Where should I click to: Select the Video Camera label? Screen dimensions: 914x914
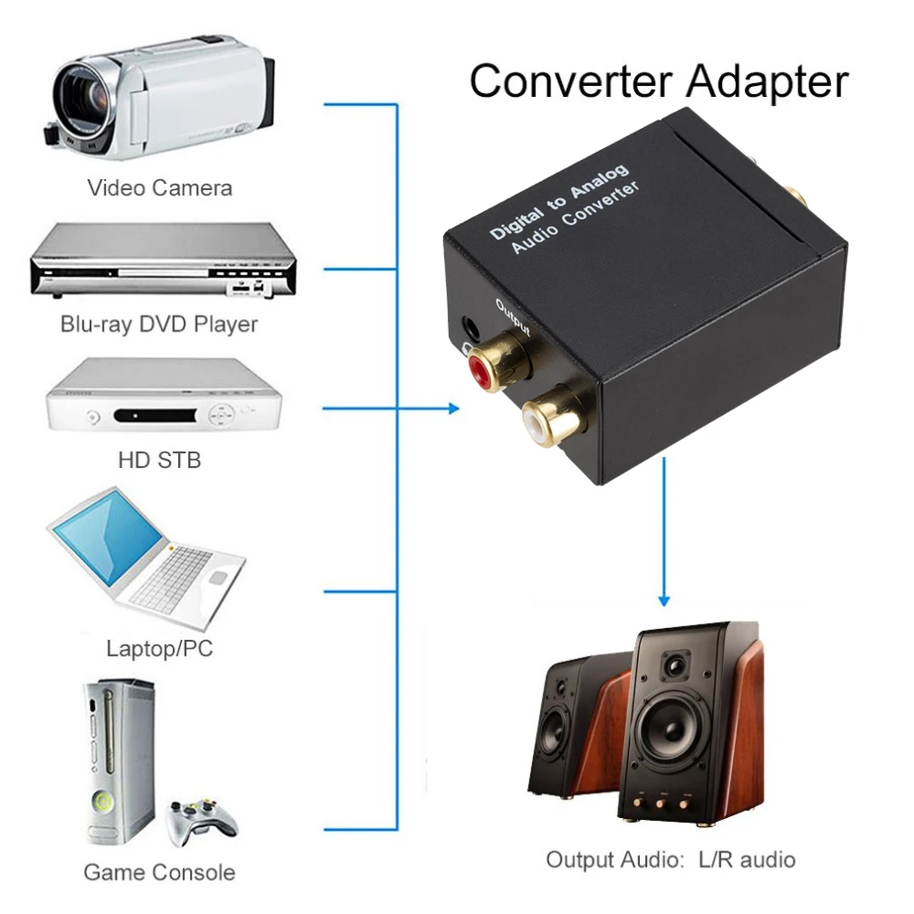point(160,188)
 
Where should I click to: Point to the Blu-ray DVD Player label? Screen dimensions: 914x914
point(159,324)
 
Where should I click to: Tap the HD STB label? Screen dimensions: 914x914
point(159,459)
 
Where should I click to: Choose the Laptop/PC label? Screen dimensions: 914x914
point(160,649)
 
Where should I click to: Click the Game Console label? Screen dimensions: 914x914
point(159,872)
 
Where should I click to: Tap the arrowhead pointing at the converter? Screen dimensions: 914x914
point(454,409)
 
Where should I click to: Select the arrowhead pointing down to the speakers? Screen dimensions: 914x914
point(664,600)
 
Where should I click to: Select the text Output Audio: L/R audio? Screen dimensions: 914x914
point(671,859)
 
